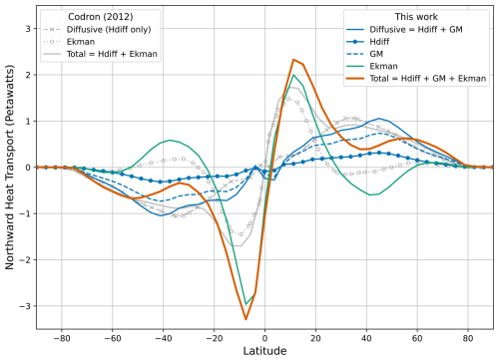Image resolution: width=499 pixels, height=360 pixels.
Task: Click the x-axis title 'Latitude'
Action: coord(264,351)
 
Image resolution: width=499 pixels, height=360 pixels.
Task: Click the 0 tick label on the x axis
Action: coord(264,335)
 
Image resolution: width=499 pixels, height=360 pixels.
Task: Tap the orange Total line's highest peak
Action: coord(292,60)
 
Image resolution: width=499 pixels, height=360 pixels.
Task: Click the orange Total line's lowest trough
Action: coord(246,319)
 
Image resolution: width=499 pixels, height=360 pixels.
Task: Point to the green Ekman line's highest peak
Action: coord(292,75)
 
